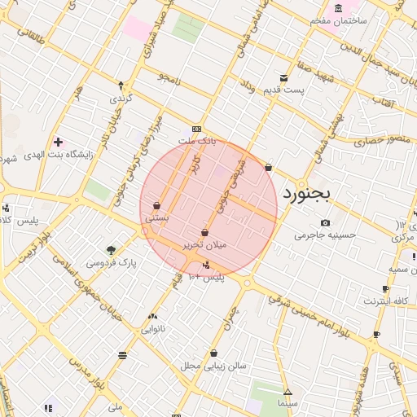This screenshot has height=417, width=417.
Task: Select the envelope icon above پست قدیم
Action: point(283,77)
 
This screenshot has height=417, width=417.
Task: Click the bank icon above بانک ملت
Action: point(196,129)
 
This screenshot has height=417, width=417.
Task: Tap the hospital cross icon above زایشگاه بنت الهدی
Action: point(58,142)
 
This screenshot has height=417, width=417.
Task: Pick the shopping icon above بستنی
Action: point(156,206)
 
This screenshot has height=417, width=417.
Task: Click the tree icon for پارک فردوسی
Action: point(111,250)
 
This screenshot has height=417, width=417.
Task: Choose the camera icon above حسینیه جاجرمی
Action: point(326,223)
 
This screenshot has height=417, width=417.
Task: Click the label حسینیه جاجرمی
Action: point(326,235)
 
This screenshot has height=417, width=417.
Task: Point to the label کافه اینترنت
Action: point(385,301)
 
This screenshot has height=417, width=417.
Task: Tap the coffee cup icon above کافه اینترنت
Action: point(385,288)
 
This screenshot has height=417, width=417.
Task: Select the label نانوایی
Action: point(152,329)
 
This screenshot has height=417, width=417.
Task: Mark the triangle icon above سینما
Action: point(288,392)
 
